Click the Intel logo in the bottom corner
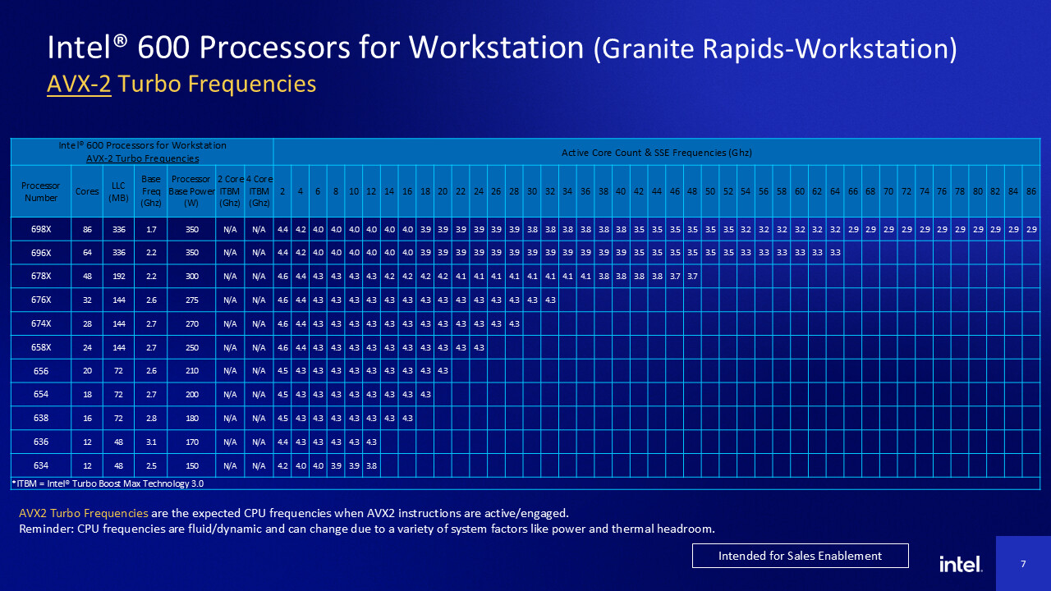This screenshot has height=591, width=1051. click(x=961, y=564)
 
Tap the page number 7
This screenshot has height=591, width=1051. click(x=1023, y=564)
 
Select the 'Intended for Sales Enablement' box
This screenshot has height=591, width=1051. click(x=800, y=556)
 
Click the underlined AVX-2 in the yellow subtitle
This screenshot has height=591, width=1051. click(x=79, y=84)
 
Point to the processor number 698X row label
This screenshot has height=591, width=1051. click(x=41, y=229)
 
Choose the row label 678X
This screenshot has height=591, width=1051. click(x=41, y=276)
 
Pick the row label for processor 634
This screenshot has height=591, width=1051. click(x=41, y=465)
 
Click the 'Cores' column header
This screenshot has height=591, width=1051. click(x=87, y=191)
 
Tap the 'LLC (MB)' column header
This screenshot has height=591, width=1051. click(x=118, y=191)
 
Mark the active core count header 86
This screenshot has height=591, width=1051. click(x=1031, y=191)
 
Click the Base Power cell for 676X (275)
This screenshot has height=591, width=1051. click(x=192, y=300)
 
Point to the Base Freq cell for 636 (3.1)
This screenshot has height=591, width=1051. click(x=151, y=442)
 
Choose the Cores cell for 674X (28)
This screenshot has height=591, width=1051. click(x=87, y=323)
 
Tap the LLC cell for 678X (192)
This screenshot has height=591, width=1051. click(x=118, y=276)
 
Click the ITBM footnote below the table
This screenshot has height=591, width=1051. click(x=108, y=483)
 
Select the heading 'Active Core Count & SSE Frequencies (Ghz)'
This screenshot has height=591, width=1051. click(x=656, y=152)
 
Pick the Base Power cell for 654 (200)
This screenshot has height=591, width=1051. click(x=192, y=394)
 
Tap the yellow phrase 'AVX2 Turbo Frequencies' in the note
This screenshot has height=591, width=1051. click(x=84, y=513)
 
